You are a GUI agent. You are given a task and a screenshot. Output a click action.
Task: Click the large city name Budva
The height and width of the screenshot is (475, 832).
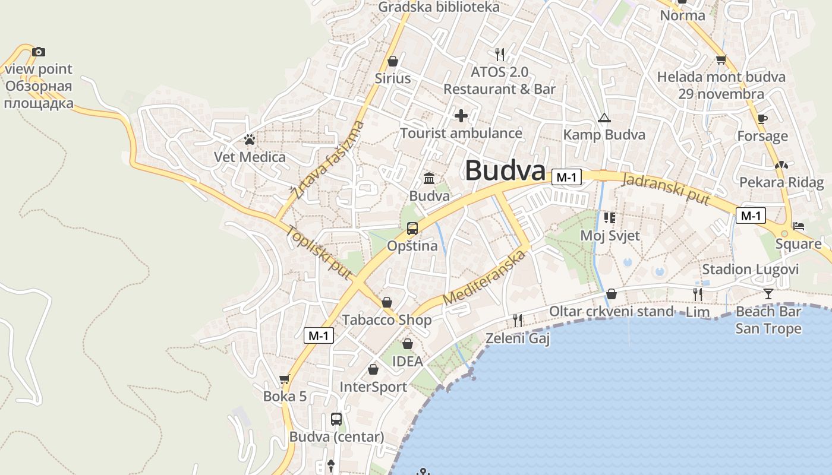(505, 170)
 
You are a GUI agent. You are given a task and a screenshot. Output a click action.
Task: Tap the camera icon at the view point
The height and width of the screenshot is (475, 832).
(39, 52)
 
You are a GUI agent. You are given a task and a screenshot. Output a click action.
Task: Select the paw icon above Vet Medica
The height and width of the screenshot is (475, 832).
(250, 140)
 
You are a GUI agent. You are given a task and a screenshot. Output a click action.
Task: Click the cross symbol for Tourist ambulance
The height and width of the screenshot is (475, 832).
(461, 115)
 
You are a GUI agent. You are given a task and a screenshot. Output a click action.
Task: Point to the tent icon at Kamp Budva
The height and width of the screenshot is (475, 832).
(604, 118)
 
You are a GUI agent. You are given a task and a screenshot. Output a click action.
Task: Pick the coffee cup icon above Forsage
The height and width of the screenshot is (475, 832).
(762, 119)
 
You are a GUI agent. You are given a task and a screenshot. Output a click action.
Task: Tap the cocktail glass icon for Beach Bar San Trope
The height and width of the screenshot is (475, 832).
(768, 293)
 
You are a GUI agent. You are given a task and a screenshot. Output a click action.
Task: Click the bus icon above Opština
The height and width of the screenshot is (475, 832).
(412, 228)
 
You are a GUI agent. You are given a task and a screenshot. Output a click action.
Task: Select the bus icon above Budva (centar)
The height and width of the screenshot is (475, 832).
(336, 419)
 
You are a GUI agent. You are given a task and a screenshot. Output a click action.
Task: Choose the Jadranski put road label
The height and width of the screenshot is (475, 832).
(666, 189)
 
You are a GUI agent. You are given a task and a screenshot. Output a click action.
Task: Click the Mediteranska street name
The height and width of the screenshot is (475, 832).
(485, 277)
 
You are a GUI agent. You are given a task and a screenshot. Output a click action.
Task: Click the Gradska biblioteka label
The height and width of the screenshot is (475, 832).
(439, 7)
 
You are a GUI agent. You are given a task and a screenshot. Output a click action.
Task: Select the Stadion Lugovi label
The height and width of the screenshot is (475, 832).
(750, 270)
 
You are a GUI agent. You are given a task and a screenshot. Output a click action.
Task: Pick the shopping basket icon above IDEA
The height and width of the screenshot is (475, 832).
(408, 344)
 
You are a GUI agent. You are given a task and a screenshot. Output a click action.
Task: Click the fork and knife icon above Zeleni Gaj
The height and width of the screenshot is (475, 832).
(518, 321)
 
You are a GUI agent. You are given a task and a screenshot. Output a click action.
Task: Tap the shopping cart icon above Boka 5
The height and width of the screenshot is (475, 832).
(285, 379)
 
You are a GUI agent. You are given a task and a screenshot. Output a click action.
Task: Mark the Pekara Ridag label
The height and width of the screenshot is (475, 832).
(781, 182)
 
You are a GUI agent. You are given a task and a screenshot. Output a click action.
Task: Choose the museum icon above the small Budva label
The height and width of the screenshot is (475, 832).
(429, 178)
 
